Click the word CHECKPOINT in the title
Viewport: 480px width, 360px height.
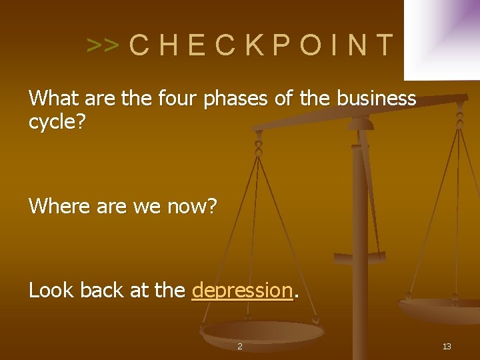(x=261, y=45)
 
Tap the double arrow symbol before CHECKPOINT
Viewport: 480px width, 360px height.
(x=103, y=45)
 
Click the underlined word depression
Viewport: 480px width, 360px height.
(x=242, y=290)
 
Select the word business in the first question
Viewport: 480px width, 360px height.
(x=377, y=99)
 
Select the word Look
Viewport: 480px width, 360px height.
(x=51, y=290)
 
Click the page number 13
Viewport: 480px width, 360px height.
(x=447, y=346)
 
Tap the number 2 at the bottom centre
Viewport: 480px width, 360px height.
(x=240, y=346)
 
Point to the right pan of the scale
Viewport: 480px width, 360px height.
(x=443, y=309)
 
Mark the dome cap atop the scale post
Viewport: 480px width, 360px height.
(x=360, y=123)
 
